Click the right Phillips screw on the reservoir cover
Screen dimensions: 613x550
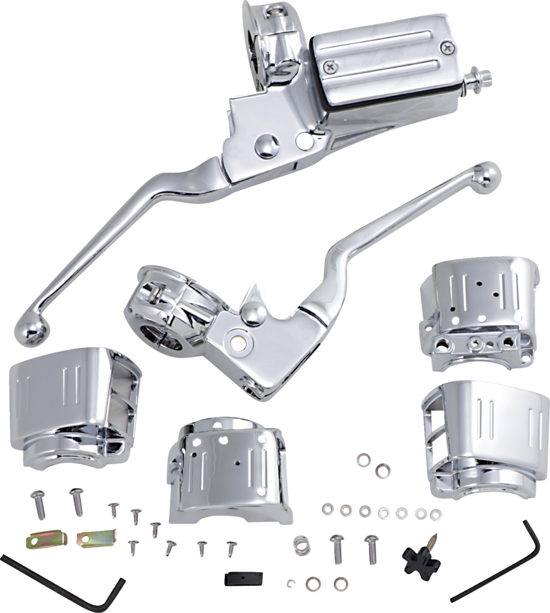(445, 46)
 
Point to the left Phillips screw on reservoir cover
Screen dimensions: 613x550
(328, 69)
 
